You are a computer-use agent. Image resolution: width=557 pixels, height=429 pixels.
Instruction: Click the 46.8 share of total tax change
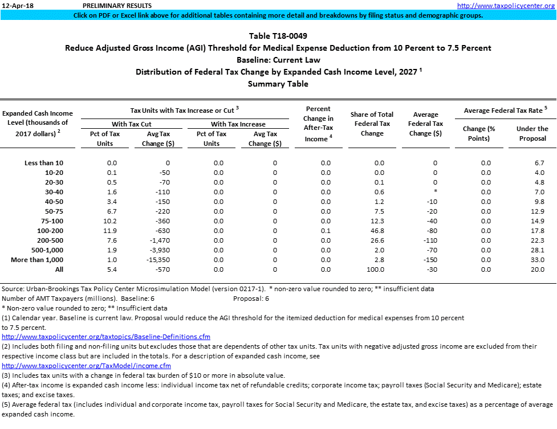[x=379, y=231]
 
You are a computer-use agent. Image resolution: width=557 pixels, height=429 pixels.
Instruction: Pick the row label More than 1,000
[x=37, y=260]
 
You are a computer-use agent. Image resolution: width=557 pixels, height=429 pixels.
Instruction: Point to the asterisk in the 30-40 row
[x=435, y=192]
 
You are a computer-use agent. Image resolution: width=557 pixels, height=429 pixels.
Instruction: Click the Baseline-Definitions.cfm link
[x=106, y=337]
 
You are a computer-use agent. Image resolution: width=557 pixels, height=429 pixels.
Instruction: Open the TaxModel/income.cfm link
[x=87, y=365]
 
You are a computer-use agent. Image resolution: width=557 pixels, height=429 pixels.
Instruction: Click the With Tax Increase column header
[x=238, y=124]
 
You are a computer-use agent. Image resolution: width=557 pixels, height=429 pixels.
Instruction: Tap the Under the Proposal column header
[x=532, y=133]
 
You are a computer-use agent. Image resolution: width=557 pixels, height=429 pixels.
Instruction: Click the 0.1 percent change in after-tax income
[x=325, y=231]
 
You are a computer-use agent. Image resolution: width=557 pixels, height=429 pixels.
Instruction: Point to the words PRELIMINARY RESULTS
[x=113, y=5]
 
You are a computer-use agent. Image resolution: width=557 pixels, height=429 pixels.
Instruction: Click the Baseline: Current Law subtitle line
[x=278, y=60]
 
